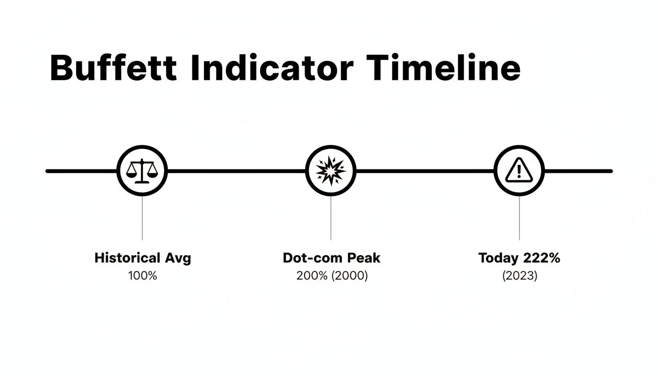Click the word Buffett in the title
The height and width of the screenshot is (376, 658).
[113, 68]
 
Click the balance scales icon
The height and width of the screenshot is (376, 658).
[142, 171]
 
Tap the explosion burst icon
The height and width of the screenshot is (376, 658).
[330, 171]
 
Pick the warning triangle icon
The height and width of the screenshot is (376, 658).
[519, 171]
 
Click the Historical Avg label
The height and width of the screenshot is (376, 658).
[142, 258]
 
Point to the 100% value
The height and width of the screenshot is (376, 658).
[142, 276]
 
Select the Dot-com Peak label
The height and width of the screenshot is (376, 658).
[331, 258]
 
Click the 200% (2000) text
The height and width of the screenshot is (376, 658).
[331, 276]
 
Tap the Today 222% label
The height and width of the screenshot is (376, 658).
[519, 258]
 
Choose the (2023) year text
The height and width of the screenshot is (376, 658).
[519, 276]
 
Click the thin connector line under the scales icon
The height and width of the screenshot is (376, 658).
[142, 218]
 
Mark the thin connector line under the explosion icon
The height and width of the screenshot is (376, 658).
[330, 218]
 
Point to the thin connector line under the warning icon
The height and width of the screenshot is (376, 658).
[519, 218]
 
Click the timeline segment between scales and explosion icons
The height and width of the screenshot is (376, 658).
[236, 171]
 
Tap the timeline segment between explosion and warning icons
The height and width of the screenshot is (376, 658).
[424, 171]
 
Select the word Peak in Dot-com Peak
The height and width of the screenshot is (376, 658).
[364, 258]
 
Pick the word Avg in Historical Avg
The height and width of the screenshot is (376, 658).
[177, 258]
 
